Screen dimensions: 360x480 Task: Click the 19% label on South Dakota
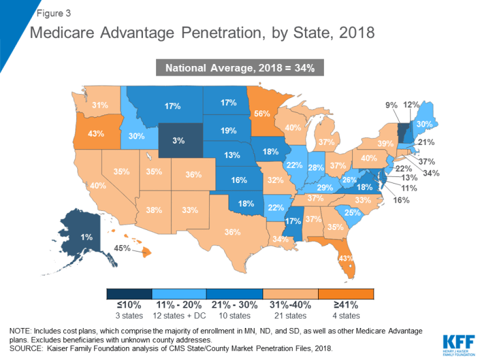(228, 131)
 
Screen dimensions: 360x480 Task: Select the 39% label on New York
(385, 144)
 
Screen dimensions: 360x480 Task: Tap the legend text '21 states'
(288, 316)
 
